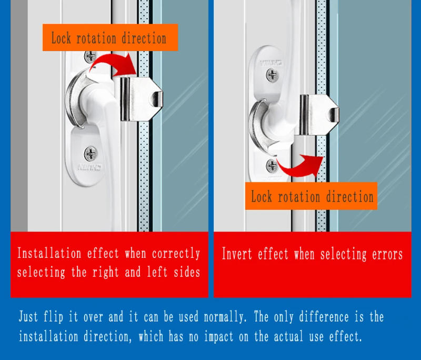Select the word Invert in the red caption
tap(238, 254)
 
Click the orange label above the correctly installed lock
tap(109, 38)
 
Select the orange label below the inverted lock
tap(312, 197)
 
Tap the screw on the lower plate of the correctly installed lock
tap(91, 154)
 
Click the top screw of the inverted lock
tap(272, 75)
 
